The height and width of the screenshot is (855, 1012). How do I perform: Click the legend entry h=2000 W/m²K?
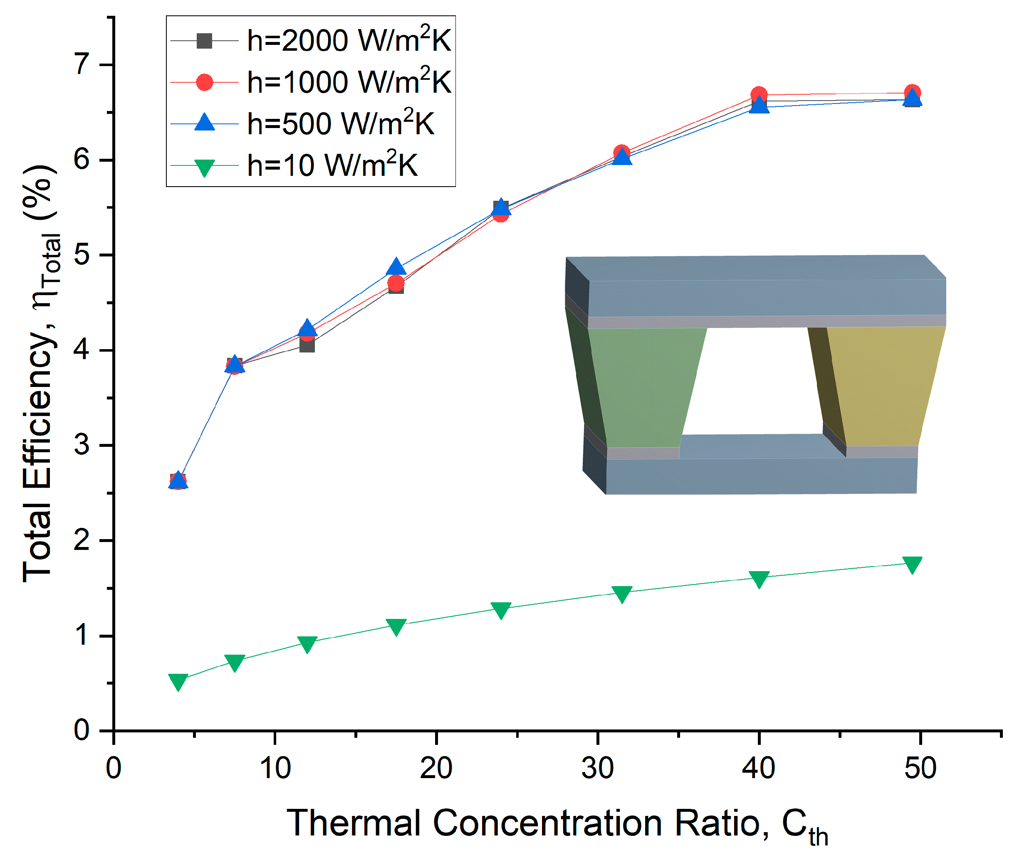pyautogui.click(x=348, y=41)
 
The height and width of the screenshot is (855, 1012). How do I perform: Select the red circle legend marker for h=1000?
pyautogui.click(x=204, y=82)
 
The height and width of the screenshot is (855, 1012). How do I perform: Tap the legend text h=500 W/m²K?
pyautogui.click(x=340, y=124)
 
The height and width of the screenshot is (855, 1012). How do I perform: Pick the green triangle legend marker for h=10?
pyautogui.click(x=204, y=167)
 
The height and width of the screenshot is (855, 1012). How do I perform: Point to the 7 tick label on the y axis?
pyautogui.click(x=82, y=64)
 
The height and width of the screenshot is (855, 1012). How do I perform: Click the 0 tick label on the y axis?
pyautogui.click(x=82, y=729)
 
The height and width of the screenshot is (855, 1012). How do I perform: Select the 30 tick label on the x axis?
pyautogui.click(x=597, y=768)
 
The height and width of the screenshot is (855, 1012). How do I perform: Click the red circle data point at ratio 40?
pyautogui.click(x=758, y=94)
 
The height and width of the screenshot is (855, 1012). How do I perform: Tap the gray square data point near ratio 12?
pyautogui.click(x=307, y=345)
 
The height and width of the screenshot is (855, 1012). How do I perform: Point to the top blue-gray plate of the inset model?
pyautogui.click(x=766, y=296)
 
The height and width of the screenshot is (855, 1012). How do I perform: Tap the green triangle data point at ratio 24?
pyautogui.click(x=500, y=610)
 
